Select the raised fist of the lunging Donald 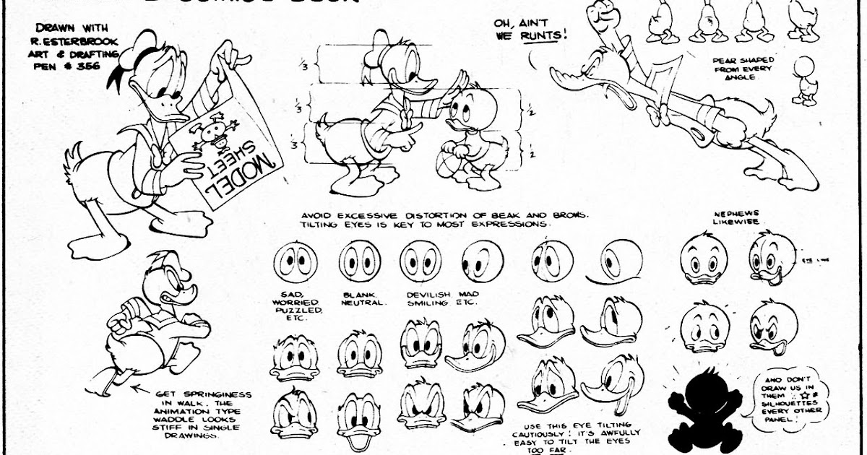tap(600, 14)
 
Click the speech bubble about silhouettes tap(780, 400)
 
